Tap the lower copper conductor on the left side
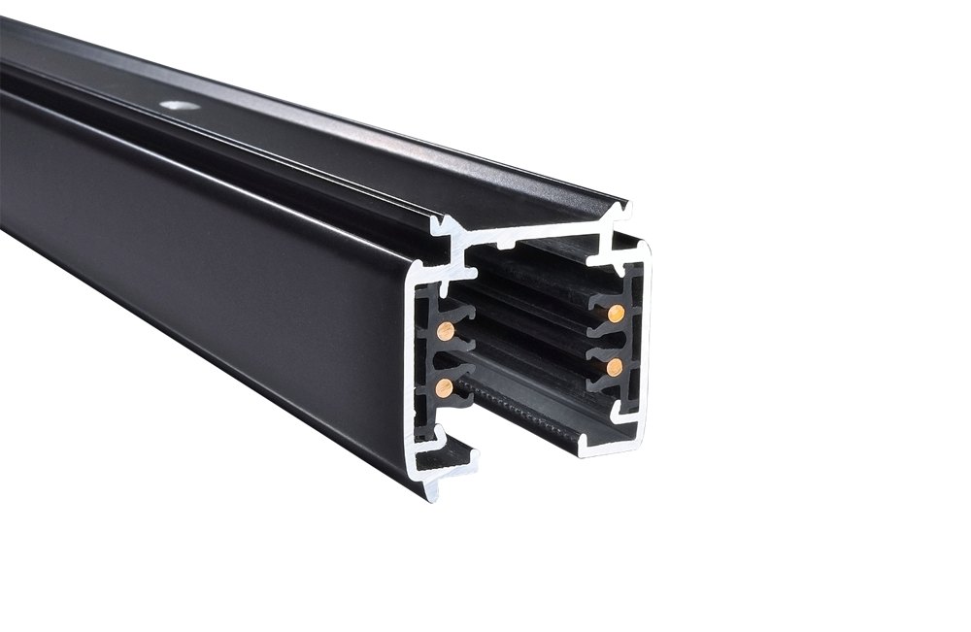pos(445,388)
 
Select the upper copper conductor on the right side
pos(615,312)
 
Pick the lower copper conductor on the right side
pos(614,366)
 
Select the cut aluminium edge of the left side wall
pos(409,369)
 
